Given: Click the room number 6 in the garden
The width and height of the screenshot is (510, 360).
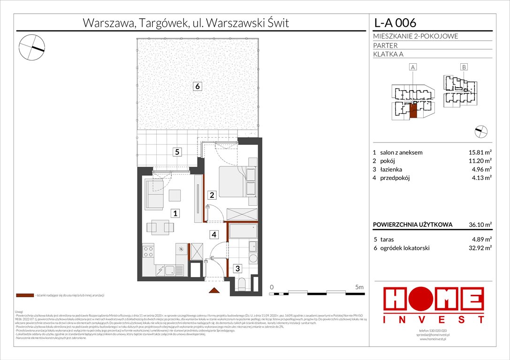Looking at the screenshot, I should [x=198, y=86].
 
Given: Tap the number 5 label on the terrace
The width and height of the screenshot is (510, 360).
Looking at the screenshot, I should [x=176, y=152].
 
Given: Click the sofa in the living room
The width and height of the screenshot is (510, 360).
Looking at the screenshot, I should [x=153, y=195].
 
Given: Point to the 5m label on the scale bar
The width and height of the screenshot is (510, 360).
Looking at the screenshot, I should [x=359, y=286].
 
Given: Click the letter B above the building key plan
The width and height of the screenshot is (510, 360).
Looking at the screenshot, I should [x=463, y=67].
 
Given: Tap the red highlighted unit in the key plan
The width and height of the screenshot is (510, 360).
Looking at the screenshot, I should [x=413, y=111].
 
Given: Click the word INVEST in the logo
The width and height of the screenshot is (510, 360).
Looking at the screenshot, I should [x=434, y=320].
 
